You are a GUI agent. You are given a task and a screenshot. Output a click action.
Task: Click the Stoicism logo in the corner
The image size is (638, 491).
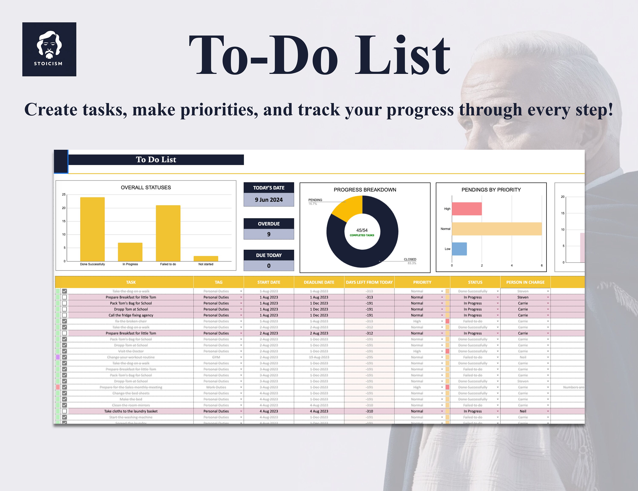[x=49, y=49]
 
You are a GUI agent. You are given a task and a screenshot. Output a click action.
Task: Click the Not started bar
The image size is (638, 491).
[x=206, y=258]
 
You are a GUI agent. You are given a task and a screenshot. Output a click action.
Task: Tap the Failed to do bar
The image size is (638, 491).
[x=168, y=233]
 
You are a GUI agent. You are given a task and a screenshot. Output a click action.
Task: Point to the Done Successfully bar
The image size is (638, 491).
[x=92, y=229]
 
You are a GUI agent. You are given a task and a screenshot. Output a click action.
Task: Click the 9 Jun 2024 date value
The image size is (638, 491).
[x=269, y=200]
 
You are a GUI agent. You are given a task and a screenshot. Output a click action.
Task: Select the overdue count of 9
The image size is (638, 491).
[x=269, y=234]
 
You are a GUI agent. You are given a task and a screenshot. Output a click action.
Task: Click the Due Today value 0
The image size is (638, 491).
[x=269, y=266]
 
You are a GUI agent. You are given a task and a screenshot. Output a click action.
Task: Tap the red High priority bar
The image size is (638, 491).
[x=467, y=209]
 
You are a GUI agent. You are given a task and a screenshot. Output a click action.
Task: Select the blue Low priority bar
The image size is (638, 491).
[x=459, y=249]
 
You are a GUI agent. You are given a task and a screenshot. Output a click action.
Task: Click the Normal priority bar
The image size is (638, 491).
[x=497, y=229]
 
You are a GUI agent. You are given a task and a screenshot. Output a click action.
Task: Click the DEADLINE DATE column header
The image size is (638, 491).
[x=319, y=282]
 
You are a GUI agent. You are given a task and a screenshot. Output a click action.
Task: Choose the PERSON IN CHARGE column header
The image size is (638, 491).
[x=525, y=282]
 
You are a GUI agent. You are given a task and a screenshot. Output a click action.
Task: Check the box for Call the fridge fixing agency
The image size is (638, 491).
[x=65, y=315]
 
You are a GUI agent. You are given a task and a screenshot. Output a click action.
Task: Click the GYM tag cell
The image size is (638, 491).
[x=216, y=357]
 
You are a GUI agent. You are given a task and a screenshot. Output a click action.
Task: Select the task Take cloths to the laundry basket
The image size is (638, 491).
[x=131, y=411]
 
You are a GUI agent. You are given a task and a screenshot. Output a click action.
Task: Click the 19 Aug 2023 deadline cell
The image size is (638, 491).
[x=319, y=357]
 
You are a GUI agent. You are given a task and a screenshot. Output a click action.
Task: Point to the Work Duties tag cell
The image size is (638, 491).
[x=216, y=387]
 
